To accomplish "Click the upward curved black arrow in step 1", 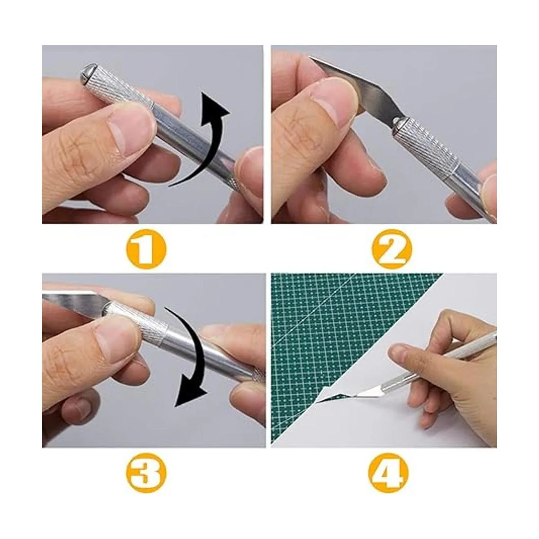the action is (x=207, y=146).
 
